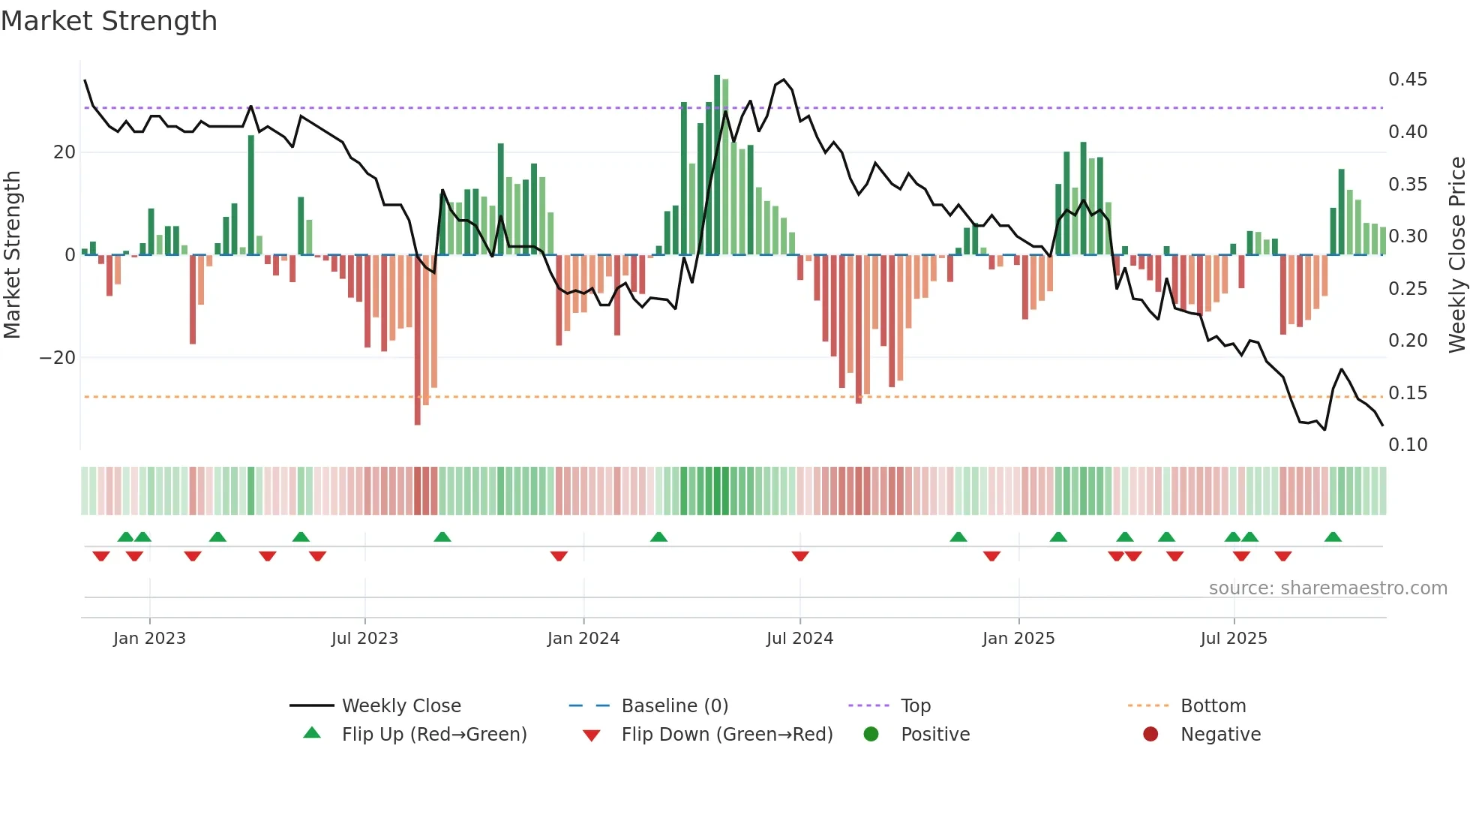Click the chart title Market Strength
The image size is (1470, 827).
click(109, 21)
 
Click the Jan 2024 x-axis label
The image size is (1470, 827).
click(583, 639)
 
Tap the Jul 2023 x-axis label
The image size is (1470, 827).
click(364, 639)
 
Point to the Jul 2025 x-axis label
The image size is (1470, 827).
click(1233, 639)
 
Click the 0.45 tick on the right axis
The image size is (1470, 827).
click(1407, 80)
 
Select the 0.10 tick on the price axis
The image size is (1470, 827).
click(1407, 445)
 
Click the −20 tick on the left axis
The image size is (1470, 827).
click(58, 358)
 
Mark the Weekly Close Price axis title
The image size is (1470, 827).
click(1456, 255)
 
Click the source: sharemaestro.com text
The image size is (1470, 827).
click(1327, 588)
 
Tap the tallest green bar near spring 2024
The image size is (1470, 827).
click(717, 165)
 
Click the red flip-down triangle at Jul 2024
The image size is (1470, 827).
click(800, 556)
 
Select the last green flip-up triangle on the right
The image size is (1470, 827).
click(1333, 537)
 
